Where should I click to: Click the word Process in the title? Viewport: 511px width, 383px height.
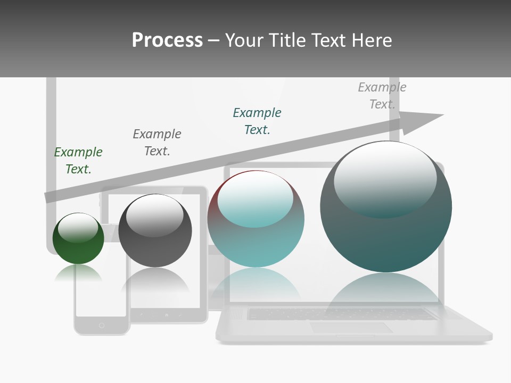point(167,40)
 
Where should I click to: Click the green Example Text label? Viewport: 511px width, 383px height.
point(78,161)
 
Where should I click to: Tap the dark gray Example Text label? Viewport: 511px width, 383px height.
point(157,143)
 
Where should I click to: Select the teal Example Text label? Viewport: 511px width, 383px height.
point(257,121)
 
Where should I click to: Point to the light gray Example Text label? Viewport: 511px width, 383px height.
point(382,96)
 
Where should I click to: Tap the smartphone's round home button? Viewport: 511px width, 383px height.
point(102,325)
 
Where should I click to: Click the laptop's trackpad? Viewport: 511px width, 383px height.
point(351,328)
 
